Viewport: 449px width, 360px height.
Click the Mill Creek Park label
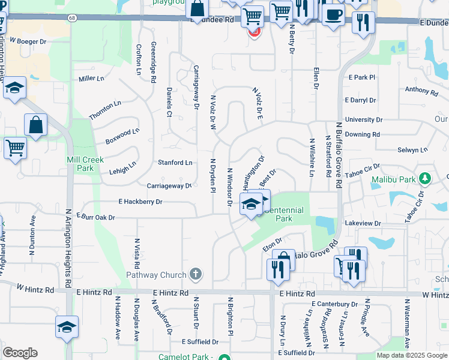pyautogui.click(x=85, y=164)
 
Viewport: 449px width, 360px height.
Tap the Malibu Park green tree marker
pyautogui.click(x=425, y=179)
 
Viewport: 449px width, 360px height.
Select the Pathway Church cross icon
pyautogui.click(x=194, y=275)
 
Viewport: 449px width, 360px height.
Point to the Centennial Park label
pyautogui.click(x=283, y=214)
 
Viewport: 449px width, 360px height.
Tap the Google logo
pyautogui.click(x=20, y=353)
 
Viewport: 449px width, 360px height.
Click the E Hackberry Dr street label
pyautogui.click(x=140, y=202)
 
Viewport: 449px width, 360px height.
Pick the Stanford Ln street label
pyautogui.click(x=175, y=163)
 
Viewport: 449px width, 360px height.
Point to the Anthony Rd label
pyautogui.click(x=421, y=91)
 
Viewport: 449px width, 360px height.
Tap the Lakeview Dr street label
pyautogui.click(x=363, y=223)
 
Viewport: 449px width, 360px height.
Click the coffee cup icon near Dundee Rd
pyautogui.click(x=333, y=14)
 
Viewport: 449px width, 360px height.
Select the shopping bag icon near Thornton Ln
pyautogui.click(x=36, y=125)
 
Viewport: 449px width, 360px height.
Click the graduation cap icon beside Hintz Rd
pyautogui.click(x=67, y=327)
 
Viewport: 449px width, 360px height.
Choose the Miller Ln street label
pyautogui.click(x=91, y=79)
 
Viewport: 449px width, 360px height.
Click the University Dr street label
pyautogui.click(x=363, y=120)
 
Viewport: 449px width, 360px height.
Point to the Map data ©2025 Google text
pyautogui.click(x=411, y=355)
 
